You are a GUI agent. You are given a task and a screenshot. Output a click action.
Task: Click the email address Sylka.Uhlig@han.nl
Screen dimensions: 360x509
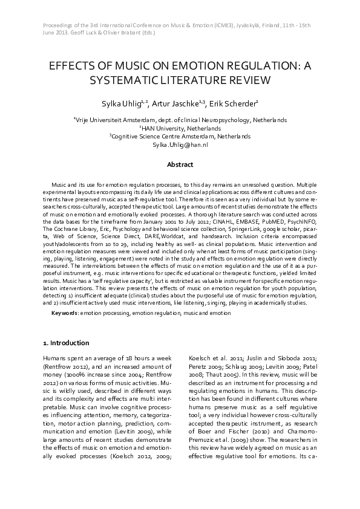pyautogui.click(x=180, y=145)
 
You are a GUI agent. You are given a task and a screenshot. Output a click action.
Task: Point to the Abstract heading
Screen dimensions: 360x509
pyautogui.click(x=180, y=164)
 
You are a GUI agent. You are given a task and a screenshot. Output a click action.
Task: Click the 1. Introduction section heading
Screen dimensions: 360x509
pyautogui.click(x=66, y=343)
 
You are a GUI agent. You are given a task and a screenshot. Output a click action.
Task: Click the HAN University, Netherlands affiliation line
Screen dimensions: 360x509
pyautogui.click(x=180, y=128)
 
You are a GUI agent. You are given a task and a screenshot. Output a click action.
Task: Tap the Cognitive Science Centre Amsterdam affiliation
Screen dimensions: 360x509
pyautogui.click(x=180, y=137)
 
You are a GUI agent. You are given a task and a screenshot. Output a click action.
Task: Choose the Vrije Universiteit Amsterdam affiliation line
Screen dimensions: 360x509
pyautogui.click(x=180, y=120)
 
